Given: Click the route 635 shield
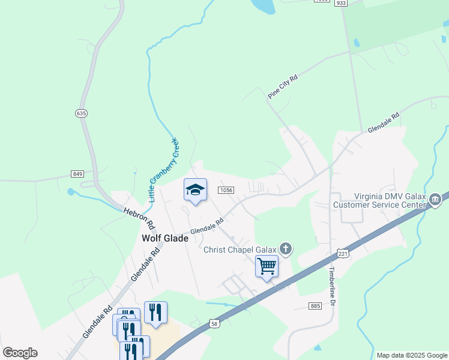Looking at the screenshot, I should pos(81,113).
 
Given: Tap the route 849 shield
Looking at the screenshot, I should pos(77,174).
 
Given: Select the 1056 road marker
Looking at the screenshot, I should pos(226,190).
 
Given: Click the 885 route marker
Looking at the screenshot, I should pos(316,306).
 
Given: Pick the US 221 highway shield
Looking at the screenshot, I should pos(342,254).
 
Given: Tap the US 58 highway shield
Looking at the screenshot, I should pos(214,323).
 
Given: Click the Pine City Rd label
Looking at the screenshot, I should pos(283,86).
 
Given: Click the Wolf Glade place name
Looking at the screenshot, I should pos(164,238).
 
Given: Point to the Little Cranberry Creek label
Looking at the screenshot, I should pos(163,169).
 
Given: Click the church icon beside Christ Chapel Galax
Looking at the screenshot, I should pos(286,248).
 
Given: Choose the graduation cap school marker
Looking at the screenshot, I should pos(194,191).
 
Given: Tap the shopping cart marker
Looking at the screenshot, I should pos(267,266).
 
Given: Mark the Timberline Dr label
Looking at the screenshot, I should pos(331,287).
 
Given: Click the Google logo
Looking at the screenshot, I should pos(20,353).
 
